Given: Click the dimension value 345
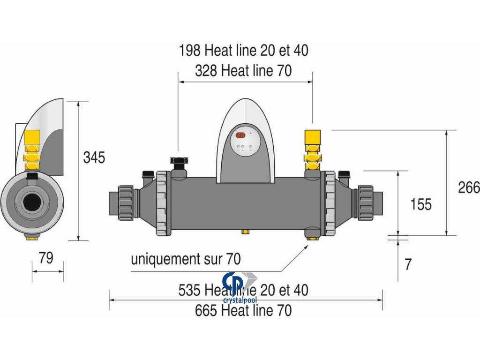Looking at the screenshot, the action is (94, 157).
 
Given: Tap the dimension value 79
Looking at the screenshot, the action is (46, 257).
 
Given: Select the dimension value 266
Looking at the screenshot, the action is (469, 187).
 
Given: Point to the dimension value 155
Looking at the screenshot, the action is (420, 204).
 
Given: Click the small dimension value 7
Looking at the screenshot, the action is (408, 264).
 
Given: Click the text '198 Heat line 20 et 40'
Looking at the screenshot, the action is (243, 51).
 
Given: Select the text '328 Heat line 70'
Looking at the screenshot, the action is (243, 71).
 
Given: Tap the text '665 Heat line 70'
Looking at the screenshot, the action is (243, 310).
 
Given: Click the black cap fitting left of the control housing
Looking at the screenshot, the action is (179, 162).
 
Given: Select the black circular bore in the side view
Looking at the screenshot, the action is (31, 202).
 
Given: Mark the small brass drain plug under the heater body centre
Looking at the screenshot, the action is (244, 232).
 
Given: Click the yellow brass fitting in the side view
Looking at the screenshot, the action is (31, 150).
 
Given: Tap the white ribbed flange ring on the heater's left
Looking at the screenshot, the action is (161, 203).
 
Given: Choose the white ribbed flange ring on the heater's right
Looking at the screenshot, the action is (329, 203).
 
